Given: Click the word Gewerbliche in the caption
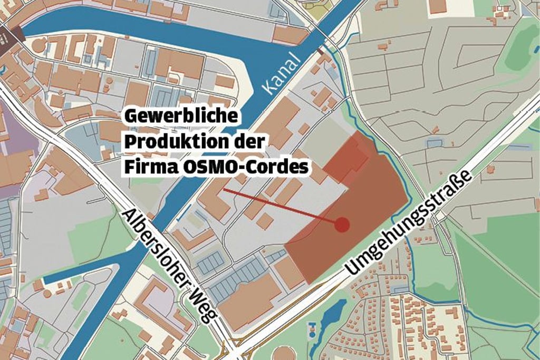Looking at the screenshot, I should click(181, 116).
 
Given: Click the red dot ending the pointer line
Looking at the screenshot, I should click(342, 225).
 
